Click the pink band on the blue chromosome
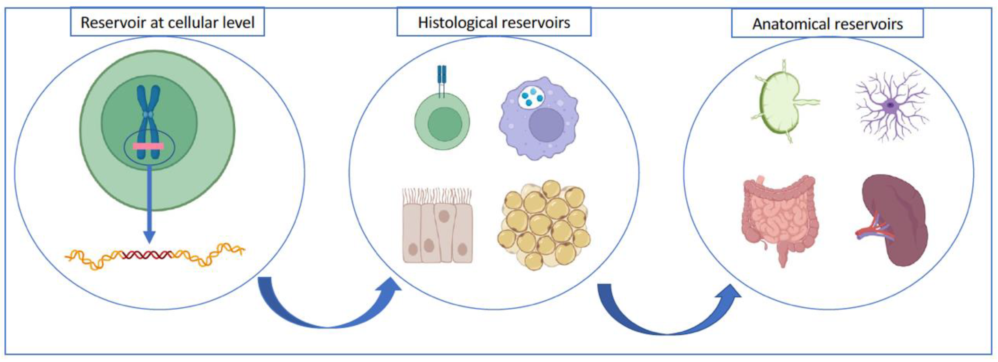[148, 146]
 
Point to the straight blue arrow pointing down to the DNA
[149, 201]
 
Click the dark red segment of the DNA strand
[147, 255]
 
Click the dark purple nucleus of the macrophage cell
[546, 125]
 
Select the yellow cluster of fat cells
[544, 225]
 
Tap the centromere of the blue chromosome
[148, 115]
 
